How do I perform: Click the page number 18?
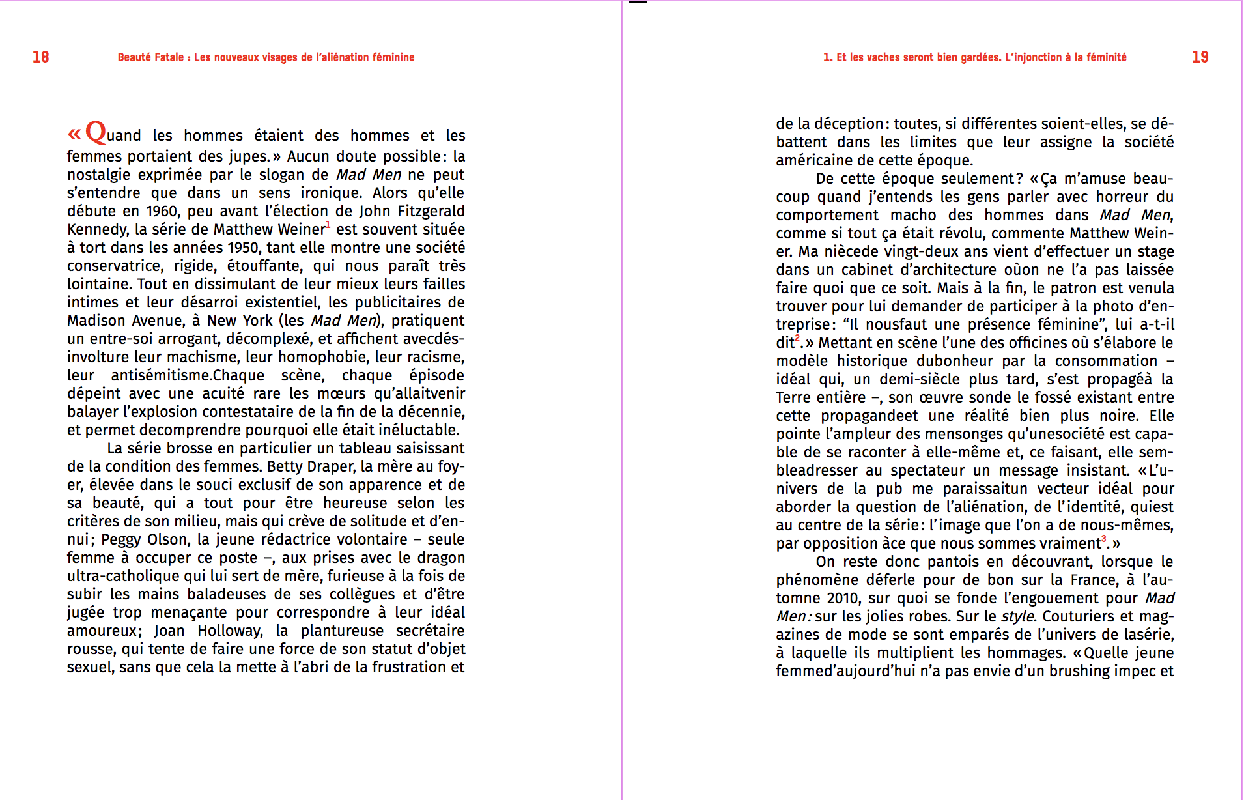click(x=40, y=57)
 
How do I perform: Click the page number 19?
click(x=1200, y=57)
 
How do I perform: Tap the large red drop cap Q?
click(x=96, y=132)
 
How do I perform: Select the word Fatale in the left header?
click(x=169, y=57)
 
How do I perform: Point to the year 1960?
click(x=162, y=211)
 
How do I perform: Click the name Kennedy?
click(x=97, y=230)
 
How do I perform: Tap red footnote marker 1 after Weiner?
click(x=328, y=225)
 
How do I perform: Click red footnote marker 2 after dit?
click(x=797, y=338)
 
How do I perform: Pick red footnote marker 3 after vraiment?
click(x=1103, y=539)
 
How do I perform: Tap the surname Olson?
click(x=167, y=539)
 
